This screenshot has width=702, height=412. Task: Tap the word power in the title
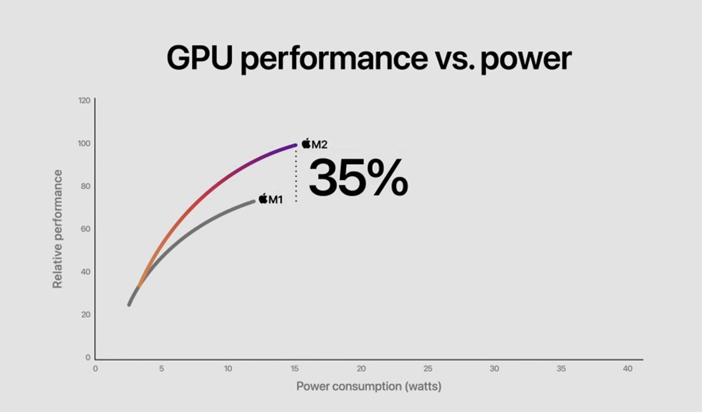pos(525,60)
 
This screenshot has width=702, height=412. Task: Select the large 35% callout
pos(357,177)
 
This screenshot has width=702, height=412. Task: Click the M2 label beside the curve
pos(319,143)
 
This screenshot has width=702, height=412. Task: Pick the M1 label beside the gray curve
pos(276,199)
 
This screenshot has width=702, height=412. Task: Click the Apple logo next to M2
pos(307,143)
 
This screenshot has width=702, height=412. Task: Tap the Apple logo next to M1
pos(263,199)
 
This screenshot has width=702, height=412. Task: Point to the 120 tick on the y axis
pos(84,101)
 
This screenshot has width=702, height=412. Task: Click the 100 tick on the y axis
pos(84,143)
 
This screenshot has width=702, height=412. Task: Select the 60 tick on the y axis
pos(85,228)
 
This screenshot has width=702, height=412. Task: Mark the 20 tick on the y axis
pos(85,314)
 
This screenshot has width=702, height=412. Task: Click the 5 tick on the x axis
pos(161,369)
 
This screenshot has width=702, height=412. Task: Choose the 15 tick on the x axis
pos(295,369)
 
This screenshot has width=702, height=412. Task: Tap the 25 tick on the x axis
pos(428,369)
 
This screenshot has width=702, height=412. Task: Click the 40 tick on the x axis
pos(628,369)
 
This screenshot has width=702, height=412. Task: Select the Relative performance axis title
pos(57,228)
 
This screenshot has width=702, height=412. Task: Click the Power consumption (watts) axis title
pos(369,386)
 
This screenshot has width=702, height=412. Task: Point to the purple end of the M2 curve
pos(294,146)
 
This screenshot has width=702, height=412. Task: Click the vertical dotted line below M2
pos(296,175)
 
